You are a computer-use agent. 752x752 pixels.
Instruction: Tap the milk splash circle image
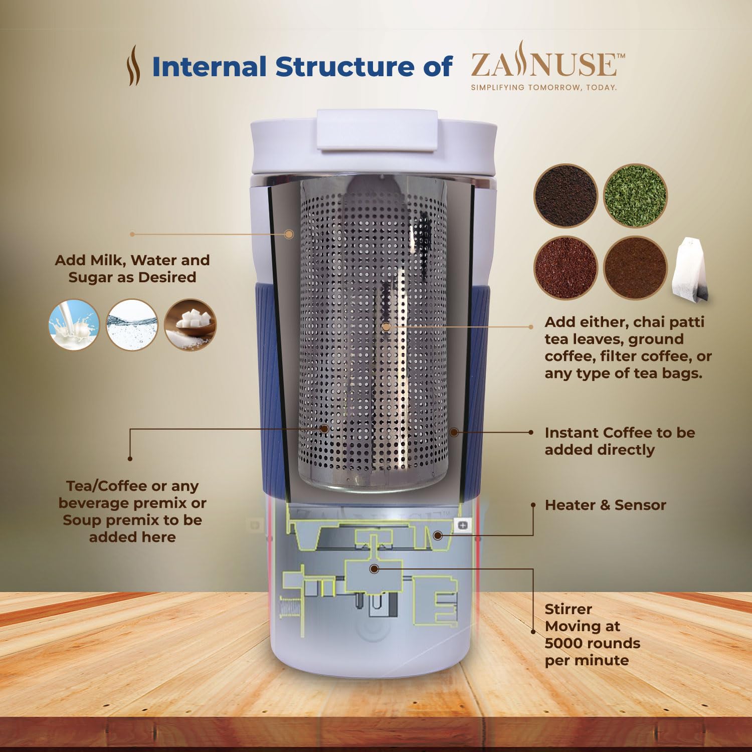pyautogui.click(x=74, y=324)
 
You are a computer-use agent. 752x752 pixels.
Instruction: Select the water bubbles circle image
pyautogui.click(x=132, y=324)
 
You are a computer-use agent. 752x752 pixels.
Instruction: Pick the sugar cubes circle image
pyautogui.click(x=191, y=324)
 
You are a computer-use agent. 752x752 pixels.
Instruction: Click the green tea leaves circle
pyautogui.click(x=635, y=196)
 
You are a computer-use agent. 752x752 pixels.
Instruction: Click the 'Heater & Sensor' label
pyautogui.click(x=605, y=505)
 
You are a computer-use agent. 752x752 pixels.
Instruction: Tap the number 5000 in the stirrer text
pyautogui.click(x=565, y=643)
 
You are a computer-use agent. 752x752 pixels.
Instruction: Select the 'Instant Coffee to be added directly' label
pyautogui.click(x=619, y=441)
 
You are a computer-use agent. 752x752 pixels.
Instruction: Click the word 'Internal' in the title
pyautogui.click(x=209, y=67)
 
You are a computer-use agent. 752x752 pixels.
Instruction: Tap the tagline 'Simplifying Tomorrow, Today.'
pyautogui.click(x=543, y=87)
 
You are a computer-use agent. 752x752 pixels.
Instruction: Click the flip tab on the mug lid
pyautogui.click(x=378, y=129)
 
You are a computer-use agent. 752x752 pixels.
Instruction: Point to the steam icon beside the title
pyautogui.click(x=133, y=65)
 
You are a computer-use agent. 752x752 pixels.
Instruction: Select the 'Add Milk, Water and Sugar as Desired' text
pyautogui.click(x=132, y=269)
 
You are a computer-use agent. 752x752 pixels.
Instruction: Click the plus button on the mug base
pyautogui.click(x=463, y=525)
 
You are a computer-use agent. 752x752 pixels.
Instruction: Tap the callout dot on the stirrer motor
pyautogui.click(x=374, y=569)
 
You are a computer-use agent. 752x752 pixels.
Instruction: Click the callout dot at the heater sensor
pyautogui.click(x=438, y=535)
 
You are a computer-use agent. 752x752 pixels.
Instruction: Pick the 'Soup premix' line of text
pyautogui.click(x=132, y=520)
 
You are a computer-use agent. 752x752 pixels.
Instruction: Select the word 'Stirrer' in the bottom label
pyautogui.click(x=568, y=609)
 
